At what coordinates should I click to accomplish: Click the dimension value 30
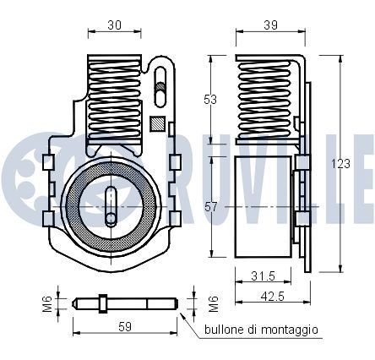[x=113, y=26]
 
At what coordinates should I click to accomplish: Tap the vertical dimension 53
[x=211, y=99]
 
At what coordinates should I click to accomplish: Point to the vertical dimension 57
[x=211, y=205]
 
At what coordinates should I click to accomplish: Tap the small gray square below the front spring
[x=155, y=123]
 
